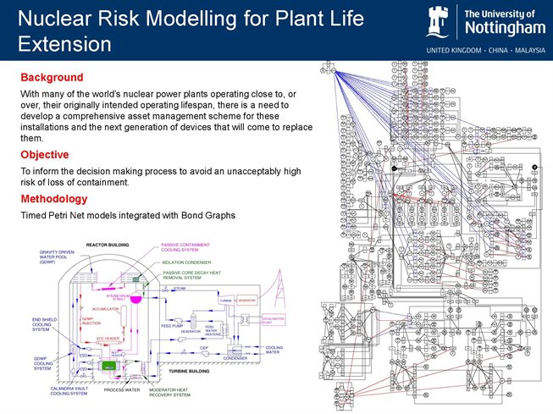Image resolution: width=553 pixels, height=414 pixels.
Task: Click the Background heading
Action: [51, 77]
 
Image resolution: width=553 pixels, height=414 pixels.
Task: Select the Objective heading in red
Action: [45, 154]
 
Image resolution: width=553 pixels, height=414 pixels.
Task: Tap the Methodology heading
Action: [53, 199]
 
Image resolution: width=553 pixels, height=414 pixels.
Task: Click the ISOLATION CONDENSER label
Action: [189, 262]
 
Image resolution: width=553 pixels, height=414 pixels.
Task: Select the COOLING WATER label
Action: [275, 348]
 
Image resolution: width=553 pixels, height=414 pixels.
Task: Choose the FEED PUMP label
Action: [172, 325]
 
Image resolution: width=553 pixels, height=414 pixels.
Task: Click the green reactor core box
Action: [108, 366]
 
